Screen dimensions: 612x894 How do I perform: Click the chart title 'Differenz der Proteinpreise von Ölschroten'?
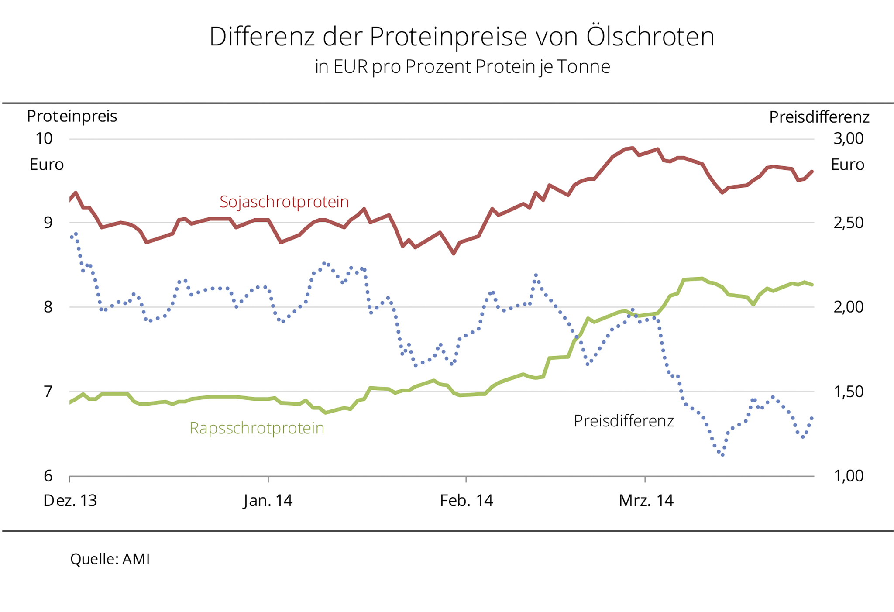(x=461, y=37)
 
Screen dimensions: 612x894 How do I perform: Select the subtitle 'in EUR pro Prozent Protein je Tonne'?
(x=462, y=67)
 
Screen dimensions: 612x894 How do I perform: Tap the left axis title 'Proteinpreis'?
(x=72, y=117)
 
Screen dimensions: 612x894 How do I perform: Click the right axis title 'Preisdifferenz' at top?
(x=819, y=117)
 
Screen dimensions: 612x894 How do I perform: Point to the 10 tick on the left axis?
(x=44, y=139)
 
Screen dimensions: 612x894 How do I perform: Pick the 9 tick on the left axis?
(x=48, y=223)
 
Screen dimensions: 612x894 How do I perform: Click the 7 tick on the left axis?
(x=48, y=392)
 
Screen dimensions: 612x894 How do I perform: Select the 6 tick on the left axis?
(x=48, y=476)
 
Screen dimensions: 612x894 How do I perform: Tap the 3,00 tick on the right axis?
(x=848, y=139)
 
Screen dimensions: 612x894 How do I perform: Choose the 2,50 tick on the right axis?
(x=848, y=223)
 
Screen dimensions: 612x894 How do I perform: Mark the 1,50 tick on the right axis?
(x=848, y=392)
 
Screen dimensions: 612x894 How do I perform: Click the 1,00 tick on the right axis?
(x=848, y=476)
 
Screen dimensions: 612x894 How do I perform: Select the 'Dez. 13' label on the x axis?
(x=70, y=500)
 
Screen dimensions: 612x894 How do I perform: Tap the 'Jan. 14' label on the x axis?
(x=268, y=500)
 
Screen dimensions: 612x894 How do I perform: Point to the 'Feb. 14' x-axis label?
(x=466, y=500)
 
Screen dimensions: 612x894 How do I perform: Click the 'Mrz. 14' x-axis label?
(x=646, y=500)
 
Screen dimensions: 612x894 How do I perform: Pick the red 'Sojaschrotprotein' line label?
(x=284, y=202)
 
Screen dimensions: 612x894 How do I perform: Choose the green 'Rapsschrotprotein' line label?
(x=257, y=428)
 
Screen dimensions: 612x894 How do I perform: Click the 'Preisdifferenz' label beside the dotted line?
(x=623, y=421)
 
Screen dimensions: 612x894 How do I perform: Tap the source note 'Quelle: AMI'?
(x=110, y=559)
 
